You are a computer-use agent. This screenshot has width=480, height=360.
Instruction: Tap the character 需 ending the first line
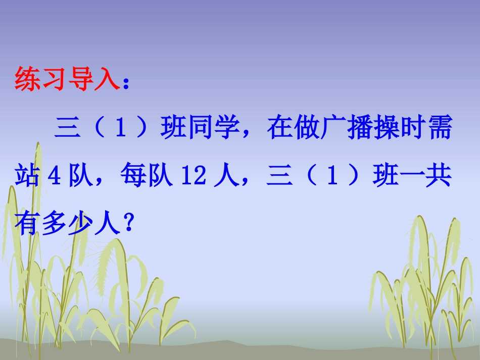(438, 130)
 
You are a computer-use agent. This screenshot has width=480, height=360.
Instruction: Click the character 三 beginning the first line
(68, 130)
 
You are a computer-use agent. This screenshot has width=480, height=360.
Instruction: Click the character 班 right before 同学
(173, 130)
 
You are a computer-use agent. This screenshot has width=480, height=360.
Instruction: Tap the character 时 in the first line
(409, 130)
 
